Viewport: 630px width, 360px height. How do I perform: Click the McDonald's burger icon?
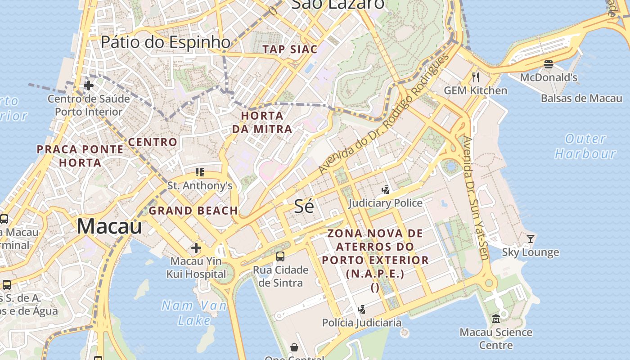548,64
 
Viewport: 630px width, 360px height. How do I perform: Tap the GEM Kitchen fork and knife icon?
476,77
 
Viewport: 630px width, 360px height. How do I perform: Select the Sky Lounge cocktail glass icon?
531,239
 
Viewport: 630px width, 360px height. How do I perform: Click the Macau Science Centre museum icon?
495,319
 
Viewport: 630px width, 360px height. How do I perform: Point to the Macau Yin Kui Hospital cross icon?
196,248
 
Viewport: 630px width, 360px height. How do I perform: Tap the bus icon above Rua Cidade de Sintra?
280,256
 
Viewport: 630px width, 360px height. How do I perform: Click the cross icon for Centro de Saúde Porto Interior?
89,85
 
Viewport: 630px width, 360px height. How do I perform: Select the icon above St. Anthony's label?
200,172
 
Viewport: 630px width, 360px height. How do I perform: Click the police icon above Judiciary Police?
385,190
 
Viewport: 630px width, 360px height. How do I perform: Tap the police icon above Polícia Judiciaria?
361,309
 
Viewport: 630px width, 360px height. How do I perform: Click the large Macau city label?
109,226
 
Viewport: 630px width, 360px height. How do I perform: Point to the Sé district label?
304,206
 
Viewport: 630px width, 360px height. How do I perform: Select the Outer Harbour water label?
585,146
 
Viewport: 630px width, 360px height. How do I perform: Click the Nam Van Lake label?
194,313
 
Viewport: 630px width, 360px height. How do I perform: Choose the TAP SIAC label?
290,49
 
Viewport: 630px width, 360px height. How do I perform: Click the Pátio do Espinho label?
166,42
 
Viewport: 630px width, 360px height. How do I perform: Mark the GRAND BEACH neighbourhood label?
193,211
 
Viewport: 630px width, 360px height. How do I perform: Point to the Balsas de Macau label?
581,99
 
